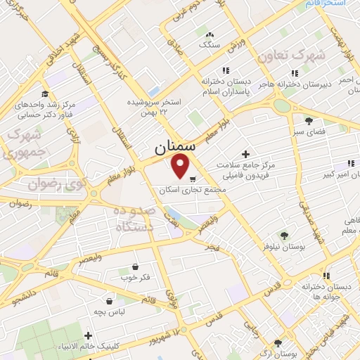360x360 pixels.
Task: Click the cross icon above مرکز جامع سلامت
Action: pos(245,153)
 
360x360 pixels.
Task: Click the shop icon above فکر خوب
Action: pos(134,266)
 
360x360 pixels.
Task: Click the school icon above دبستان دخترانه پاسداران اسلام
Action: pos(225,70)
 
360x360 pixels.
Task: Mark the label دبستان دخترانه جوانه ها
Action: pos(326,292)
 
